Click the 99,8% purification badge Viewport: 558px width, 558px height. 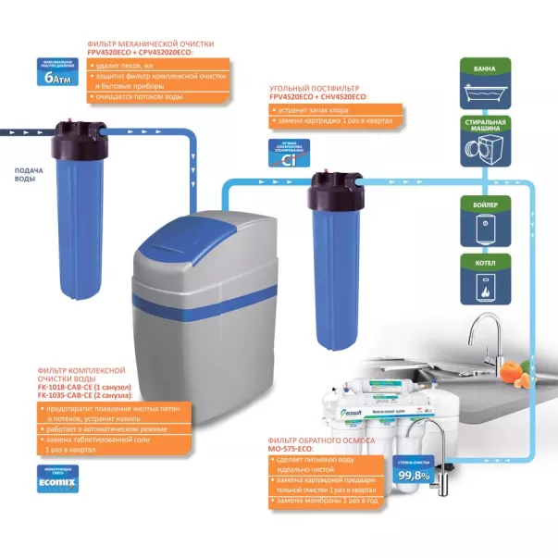pyautogui.click(x=415, y=475)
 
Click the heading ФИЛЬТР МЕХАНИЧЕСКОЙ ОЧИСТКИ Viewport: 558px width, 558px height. pyautogui.click(x=150, y=43)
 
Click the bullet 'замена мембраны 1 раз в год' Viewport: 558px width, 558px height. pyautogui.click(x=323, y=501)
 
